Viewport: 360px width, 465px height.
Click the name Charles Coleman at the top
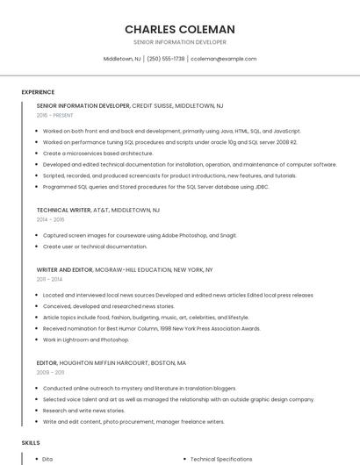(179, 29)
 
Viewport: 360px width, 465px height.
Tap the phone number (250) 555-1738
(166, 59)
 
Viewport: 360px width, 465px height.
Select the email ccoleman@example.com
(224, 59)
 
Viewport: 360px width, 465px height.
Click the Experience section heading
(38, 92)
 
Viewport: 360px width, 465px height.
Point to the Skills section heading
(31, 443)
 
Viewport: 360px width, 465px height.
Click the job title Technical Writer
(63, 211)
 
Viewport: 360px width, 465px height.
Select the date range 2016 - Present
(56, 115)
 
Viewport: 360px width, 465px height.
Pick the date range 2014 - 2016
(51, 219)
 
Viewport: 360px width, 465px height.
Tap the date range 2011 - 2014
(49, 279)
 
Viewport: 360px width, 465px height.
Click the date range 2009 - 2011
(50, 372)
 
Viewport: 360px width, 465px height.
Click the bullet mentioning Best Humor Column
(151, 328)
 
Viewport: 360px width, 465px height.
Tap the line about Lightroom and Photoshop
(86, 340)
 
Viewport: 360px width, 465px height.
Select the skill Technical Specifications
(220, 459)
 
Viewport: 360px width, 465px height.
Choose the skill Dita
(47, 459)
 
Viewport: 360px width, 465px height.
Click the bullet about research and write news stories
(83, 411)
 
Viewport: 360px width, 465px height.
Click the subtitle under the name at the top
(179, 42)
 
